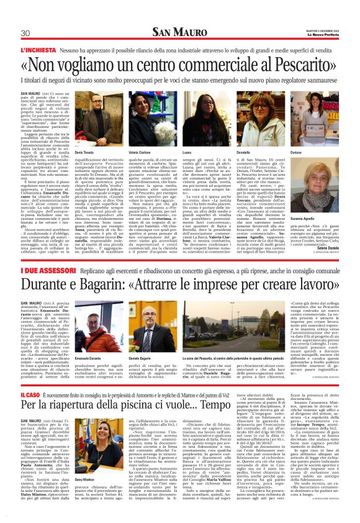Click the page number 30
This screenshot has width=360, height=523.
[x=26, y=33]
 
